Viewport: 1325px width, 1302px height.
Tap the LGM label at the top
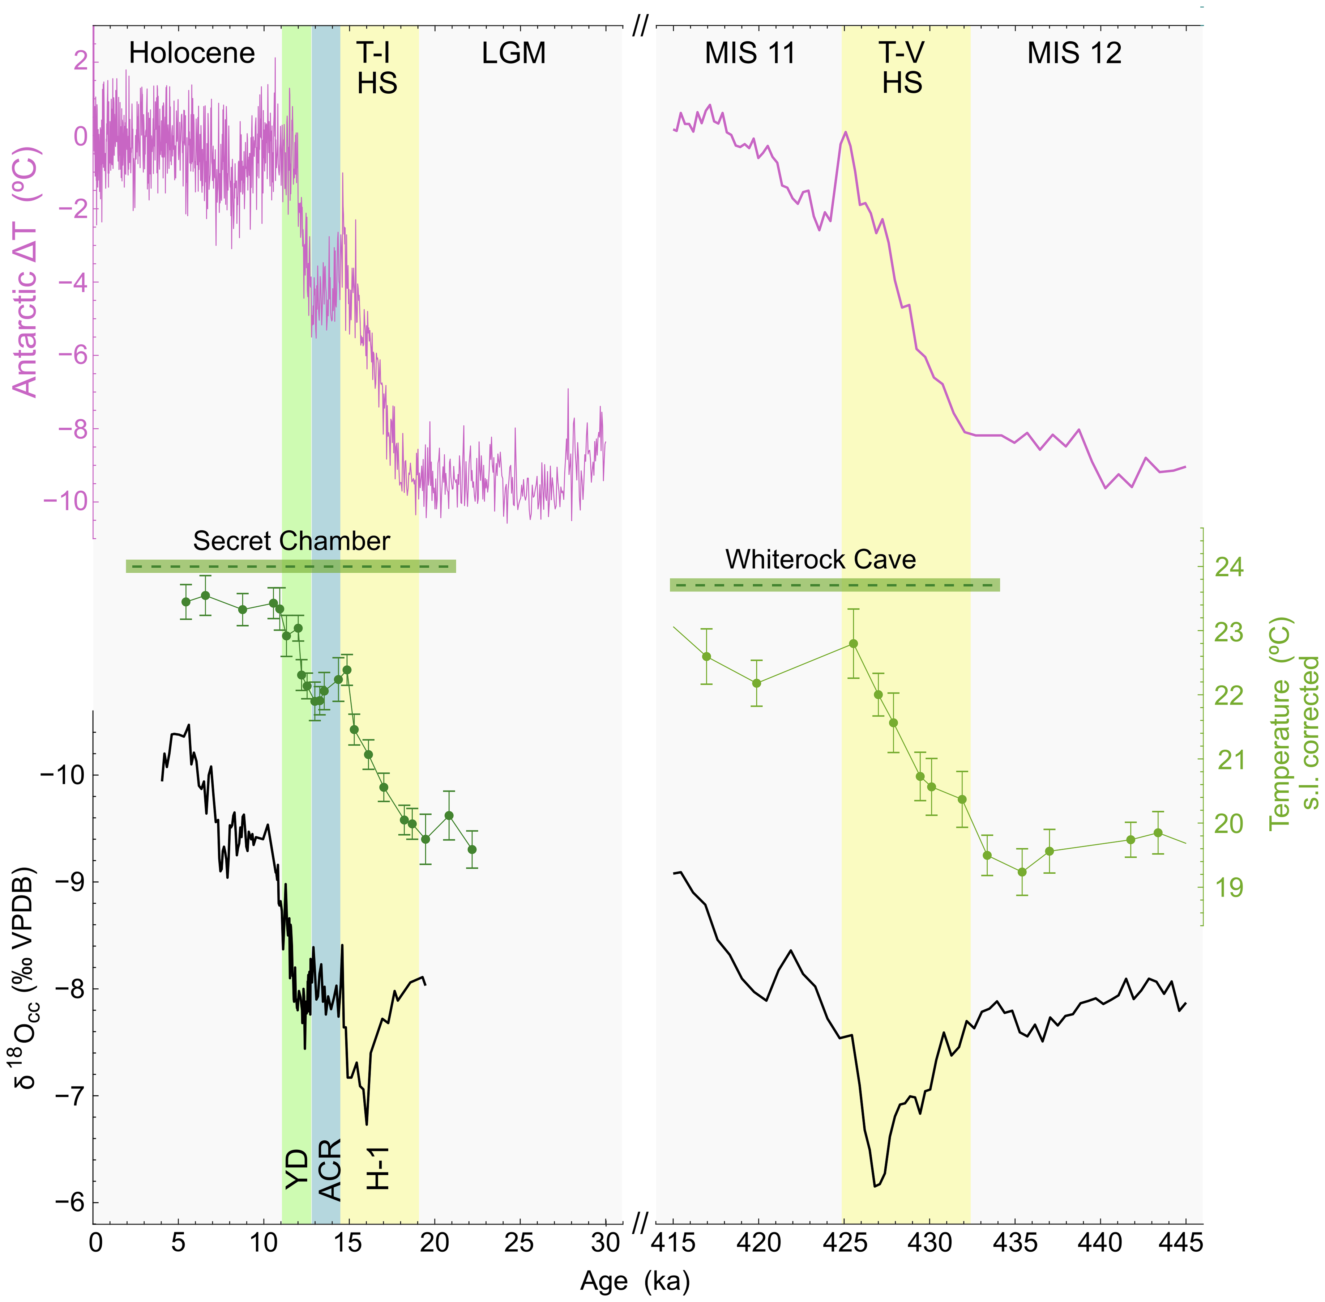point(513,53)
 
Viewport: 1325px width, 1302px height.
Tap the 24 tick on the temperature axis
point(1228,567)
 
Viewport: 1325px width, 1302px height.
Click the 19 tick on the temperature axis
point(1228,888)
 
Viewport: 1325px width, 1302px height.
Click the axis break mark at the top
point(640,27)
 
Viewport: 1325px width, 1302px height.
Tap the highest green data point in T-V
point(853,644)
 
